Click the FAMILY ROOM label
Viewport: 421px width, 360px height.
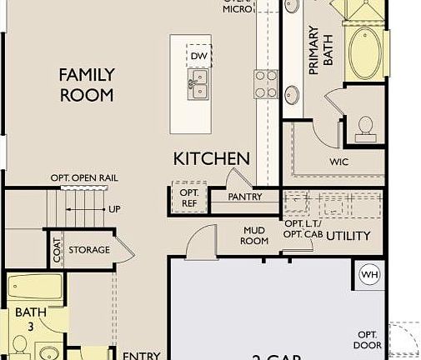86,85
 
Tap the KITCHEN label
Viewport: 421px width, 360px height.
211,158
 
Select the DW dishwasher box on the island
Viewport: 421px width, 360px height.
198,57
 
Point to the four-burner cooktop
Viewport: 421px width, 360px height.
266,84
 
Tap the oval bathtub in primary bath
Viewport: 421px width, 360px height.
364,52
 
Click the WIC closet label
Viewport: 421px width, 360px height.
339,162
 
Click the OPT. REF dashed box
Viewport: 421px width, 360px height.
187,197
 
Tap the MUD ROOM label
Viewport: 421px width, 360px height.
255,235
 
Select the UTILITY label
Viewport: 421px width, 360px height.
348,237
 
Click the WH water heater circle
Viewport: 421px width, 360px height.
368,274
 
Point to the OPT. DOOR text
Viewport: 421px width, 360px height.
367,339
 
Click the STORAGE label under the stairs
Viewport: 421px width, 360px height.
89,250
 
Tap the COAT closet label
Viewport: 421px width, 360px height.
58,250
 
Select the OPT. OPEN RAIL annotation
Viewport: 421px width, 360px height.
83,177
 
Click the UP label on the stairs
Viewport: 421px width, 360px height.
113,209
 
